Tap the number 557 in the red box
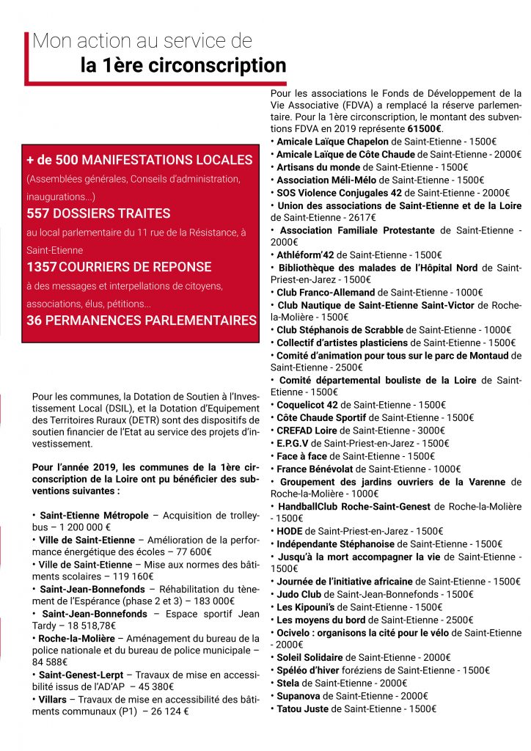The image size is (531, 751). [x=40, y=213]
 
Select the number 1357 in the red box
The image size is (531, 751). [x=44, y=267]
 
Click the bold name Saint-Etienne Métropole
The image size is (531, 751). [x=94, y=516]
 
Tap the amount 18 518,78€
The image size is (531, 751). [x=88, y=626]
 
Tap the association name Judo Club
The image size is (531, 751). [x=299, y=594]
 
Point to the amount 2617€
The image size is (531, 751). [x=360, y=217]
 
